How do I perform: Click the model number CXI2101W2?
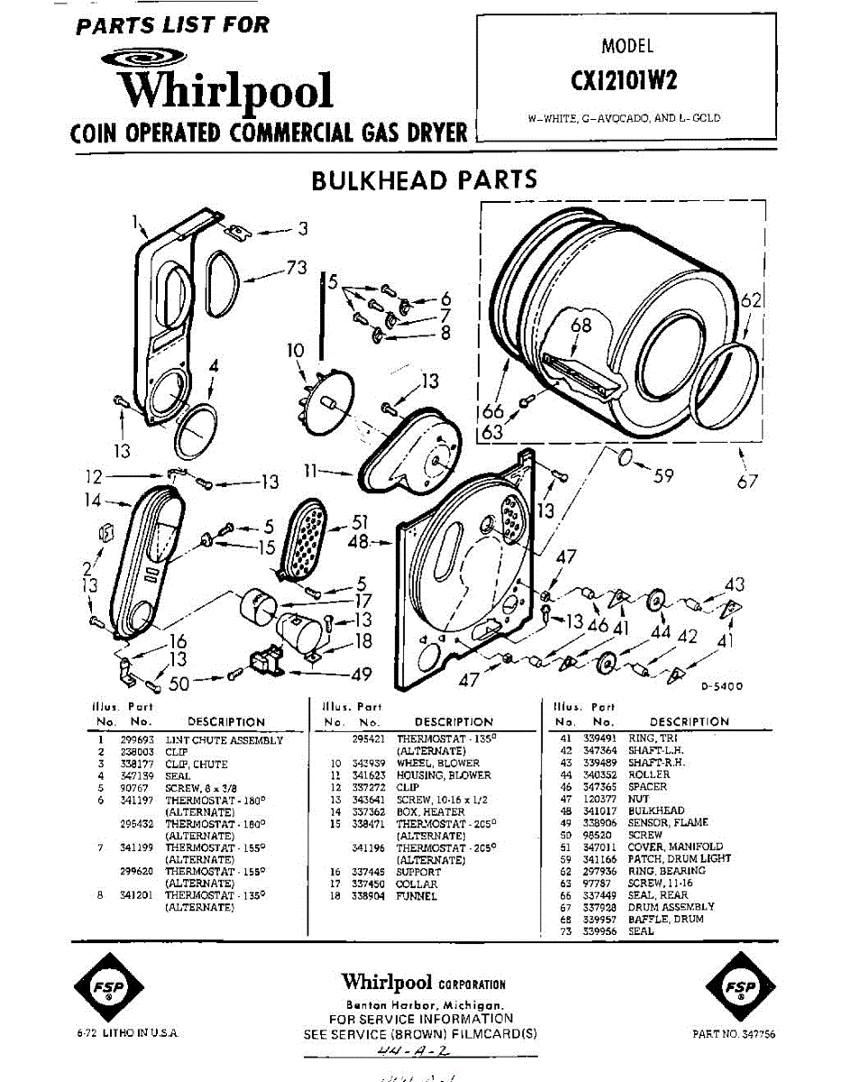(x=625, y=80)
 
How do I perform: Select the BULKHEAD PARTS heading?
(x=424, y=179)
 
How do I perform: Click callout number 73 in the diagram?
(x=297, y=268)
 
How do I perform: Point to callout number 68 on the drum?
(x=581, y=325)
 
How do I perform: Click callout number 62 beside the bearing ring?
(x=751, y=302)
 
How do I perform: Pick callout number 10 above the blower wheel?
(x=297, y=349)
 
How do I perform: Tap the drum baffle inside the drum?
(x=581, y=374)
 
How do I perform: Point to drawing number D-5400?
(x=722, y=686)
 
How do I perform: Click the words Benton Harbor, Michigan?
(x=423, y=1004)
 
